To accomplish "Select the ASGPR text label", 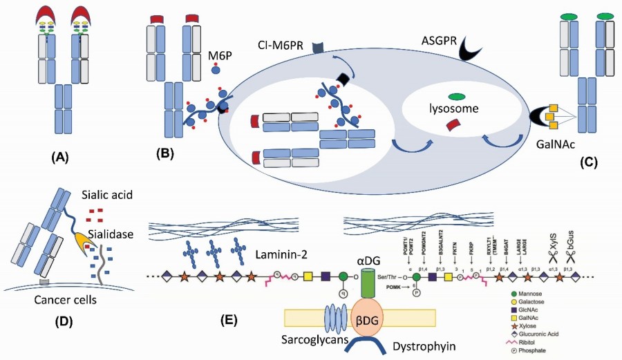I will click(442, 43).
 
